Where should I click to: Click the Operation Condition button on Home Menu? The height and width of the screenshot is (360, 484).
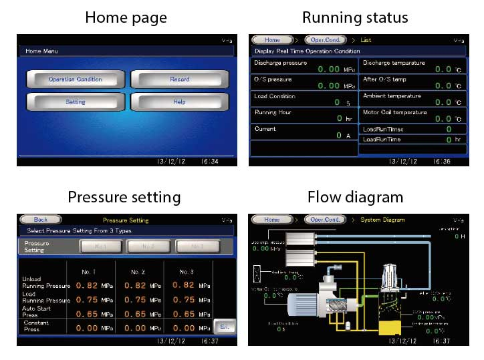point(75,79)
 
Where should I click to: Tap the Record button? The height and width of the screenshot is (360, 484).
point(179,79)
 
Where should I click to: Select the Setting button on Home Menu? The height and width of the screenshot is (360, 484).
point(75,102)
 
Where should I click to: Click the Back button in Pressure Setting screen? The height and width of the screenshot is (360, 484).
point(41,220)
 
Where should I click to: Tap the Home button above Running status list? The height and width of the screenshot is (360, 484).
point(271,40)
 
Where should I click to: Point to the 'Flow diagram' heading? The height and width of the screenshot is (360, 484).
point(355,197)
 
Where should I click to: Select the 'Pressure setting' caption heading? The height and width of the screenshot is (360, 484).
point(124,197)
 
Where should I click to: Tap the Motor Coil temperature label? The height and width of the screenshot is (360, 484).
point(394,112)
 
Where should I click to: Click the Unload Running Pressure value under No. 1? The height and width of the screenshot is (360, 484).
point(86,285)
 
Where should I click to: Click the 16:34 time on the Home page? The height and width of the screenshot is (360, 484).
point(205,162)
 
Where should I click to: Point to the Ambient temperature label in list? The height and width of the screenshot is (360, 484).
point(392,96)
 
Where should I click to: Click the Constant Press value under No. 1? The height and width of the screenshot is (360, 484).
point(86,327)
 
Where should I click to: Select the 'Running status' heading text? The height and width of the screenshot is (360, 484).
point(355,17)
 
